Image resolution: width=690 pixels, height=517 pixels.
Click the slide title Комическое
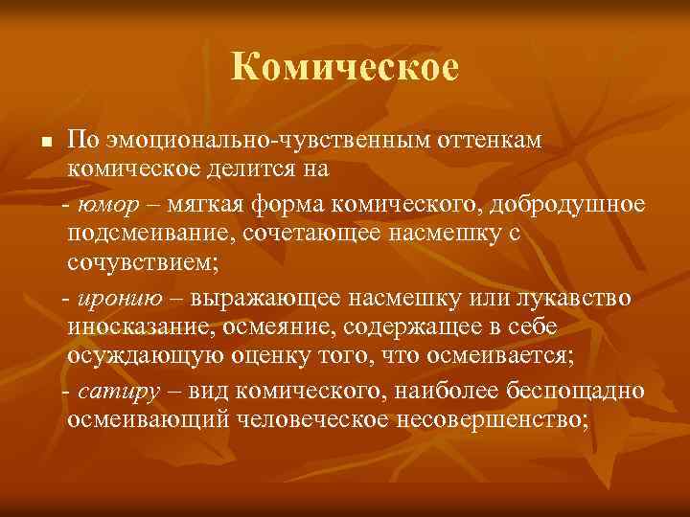pyautogui.click(x=345, y=67)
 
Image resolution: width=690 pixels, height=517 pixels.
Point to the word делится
pyautogui.click(x=264, y=170)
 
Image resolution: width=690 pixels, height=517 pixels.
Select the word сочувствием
pyautogui.click(x=140, y=263)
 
